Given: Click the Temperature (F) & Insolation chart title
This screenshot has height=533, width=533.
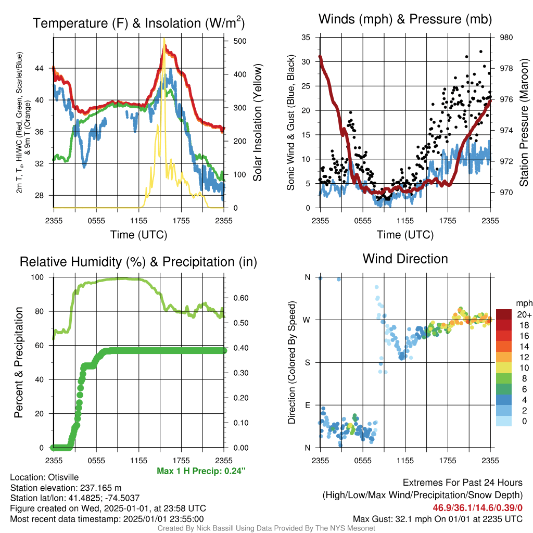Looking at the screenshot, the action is pyautogui.click(x=138, y=23).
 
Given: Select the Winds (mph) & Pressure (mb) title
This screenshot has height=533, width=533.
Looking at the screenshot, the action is pyautogui.click(x=405, y=19).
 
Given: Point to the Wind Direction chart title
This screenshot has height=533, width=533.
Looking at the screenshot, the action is pyautogui.click(x=405, y=259).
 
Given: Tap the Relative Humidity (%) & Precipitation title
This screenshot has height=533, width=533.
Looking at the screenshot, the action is pyautogui.click(x=138, y=262).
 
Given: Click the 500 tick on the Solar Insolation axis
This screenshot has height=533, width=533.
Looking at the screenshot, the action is pyautogui.click(x=240, y=41).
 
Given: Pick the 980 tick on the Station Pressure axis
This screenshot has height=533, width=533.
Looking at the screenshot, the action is pyautogui.click(x=506, y=37).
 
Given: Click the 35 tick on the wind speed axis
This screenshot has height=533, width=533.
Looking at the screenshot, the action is pyautogui.click(x=306, y=37).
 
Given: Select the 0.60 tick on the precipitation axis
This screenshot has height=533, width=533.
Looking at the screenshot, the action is pyautogui.click(x=241, y=298).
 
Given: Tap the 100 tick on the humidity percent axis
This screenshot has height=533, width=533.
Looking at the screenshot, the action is pyautogui.click(x=37, y=277).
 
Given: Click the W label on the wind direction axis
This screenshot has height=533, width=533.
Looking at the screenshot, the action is pyautogui.click(x=307, y=320).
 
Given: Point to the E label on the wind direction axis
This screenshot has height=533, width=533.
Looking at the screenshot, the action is pyautogui.click(x=308, y=405).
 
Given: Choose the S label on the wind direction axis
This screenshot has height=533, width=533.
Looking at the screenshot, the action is pyautogui.click(x=308, y=363).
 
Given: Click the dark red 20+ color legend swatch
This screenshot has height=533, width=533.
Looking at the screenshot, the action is pyautogui.click(x=504, y=314).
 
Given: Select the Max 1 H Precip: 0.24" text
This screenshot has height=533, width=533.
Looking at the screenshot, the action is pyautogui.click(x=201, y=471).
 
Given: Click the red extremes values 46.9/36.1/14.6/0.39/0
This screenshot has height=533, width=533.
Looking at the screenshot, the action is pyautogui.click(x=478, y=508).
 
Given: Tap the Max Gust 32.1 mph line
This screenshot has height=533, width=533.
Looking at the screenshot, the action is pyautogui.click(x=438, y=519).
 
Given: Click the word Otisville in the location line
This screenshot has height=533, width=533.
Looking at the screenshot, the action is pyautogui.click(x=63, y=477).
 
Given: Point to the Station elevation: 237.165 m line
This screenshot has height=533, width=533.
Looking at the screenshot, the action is pyautogui.click(x=66, y=488).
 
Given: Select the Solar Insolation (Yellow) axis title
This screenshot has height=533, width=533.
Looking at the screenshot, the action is pyautogui.click(x=258, y=122).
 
